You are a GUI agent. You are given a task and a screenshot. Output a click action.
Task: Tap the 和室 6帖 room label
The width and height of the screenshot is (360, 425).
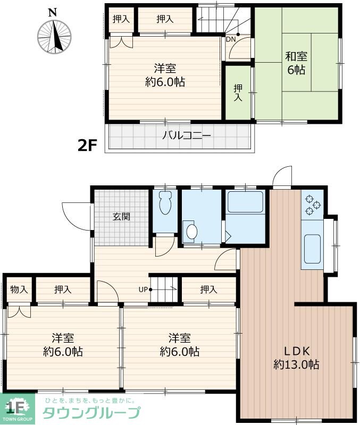tap(296, 62)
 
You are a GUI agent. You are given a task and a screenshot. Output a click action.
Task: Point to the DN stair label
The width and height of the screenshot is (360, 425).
tap(231, 39)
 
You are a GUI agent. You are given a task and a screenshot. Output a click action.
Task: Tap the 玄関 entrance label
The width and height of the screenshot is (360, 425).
tap(122, 216)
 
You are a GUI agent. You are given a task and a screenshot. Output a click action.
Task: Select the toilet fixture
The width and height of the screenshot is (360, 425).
tap(165, 203)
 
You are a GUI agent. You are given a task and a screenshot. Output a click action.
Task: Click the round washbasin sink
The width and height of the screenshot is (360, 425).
tap(191, 231)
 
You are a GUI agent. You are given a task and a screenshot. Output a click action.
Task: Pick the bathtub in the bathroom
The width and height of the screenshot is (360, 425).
tap(246, 202)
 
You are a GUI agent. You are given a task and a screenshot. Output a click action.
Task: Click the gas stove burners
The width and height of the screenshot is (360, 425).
tap(312, 205)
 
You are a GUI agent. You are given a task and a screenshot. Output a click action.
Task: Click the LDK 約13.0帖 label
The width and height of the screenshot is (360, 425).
tap(296, 358)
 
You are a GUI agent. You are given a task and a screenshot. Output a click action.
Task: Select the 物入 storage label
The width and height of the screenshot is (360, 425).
tap(19, 290)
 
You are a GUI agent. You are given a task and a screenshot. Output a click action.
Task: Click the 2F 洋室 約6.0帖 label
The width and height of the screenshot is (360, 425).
tap(164, 75)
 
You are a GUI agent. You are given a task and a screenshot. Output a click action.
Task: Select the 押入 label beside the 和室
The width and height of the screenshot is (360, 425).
tap(238, 92)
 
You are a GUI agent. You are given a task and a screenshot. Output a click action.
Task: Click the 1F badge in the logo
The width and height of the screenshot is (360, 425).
tap(16, 408)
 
